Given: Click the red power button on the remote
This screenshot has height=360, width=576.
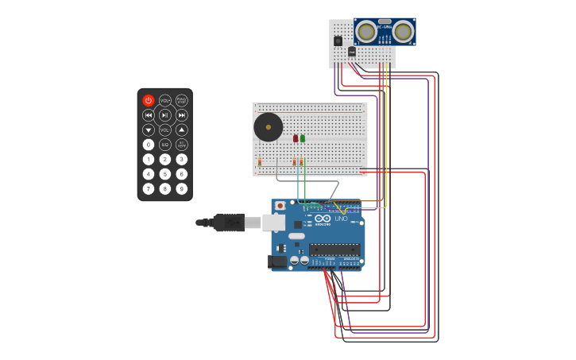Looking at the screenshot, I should [x=149, y=100].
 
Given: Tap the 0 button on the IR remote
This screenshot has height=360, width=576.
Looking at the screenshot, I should [x=149, y=145].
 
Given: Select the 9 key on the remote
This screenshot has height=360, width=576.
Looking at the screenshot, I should [x=182, y=188].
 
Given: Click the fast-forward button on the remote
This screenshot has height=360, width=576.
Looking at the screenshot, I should [x=182, y=115].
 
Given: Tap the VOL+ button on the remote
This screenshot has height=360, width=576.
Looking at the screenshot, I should [x=165, y=100].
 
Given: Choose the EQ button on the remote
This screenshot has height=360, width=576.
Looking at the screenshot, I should [x=165, y=145].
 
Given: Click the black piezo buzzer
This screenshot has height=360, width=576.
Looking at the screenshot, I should [x=268, y=127].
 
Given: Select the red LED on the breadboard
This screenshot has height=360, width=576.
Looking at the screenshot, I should [x=296, y=138].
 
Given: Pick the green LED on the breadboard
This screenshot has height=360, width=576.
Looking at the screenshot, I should [x=303, y=138].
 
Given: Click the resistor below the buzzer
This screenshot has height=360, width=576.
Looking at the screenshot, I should [x=260, y=161].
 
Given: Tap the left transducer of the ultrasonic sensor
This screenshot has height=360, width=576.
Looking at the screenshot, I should [x=366, y=32].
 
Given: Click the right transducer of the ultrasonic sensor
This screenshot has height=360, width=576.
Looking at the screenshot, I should [x=404, y=32].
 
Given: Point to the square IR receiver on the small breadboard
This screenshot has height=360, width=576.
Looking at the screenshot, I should [x=338, y=41].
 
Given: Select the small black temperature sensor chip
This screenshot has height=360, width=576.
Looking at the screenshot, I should [x=352, y=52].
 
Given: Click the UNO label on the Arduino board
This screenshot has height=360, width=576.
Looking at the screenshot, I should [x=341, y=219].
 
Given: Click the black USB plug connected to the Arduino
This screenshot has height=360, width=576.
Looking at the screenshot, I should [x=229, y=223].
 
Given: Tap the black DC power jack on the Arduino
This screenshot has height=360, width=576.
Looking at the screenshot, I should [x=278, y=261].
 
